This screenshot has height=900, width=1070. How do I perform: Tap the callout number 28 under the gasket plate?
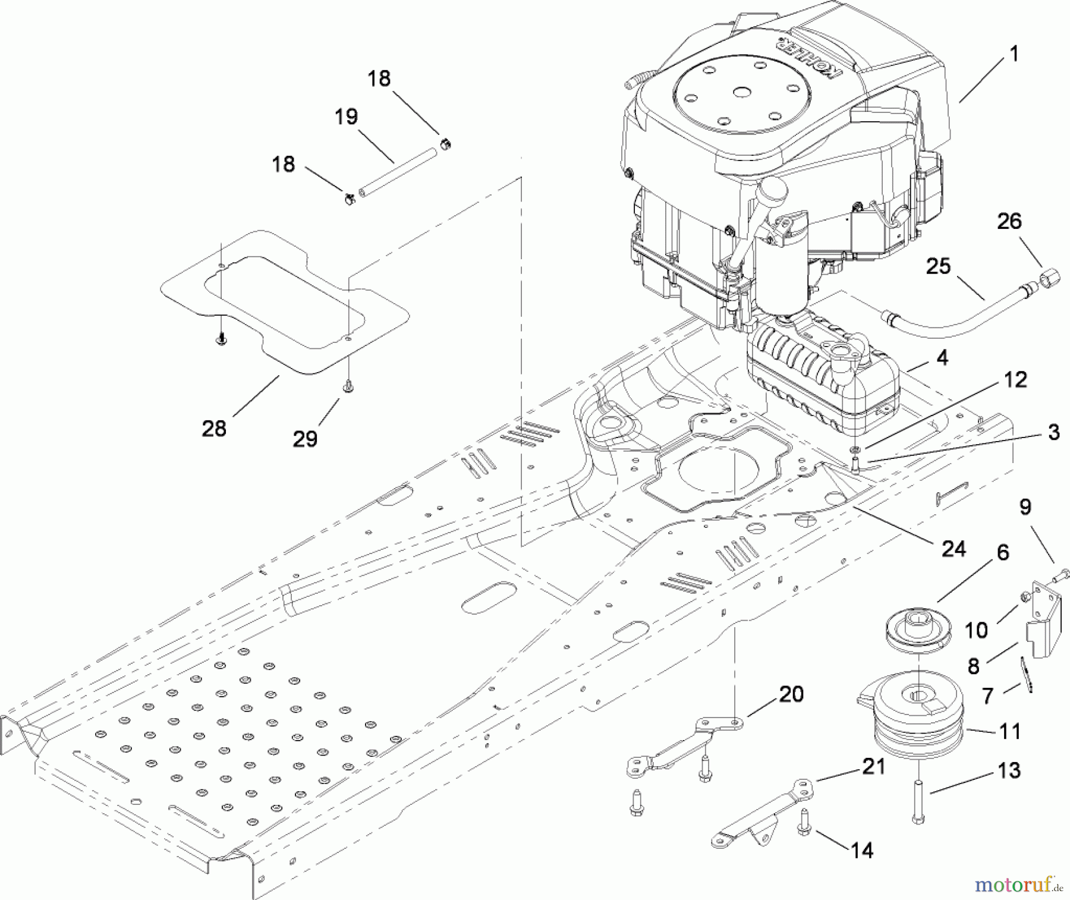tap(214, 428)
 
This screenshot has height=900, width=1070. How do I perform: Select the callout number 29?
tap(305, 439)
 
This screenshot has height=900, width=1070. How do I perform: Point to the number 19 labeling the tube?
tap(346, 117)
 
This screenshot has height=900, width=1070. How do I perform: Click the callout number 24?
tap(953, 548)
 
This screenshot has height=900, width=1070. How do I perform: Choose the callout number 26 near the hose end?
tap(1009, 222)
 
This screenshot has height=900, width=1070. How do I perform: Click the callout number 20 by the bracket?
tap(791, 694)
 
